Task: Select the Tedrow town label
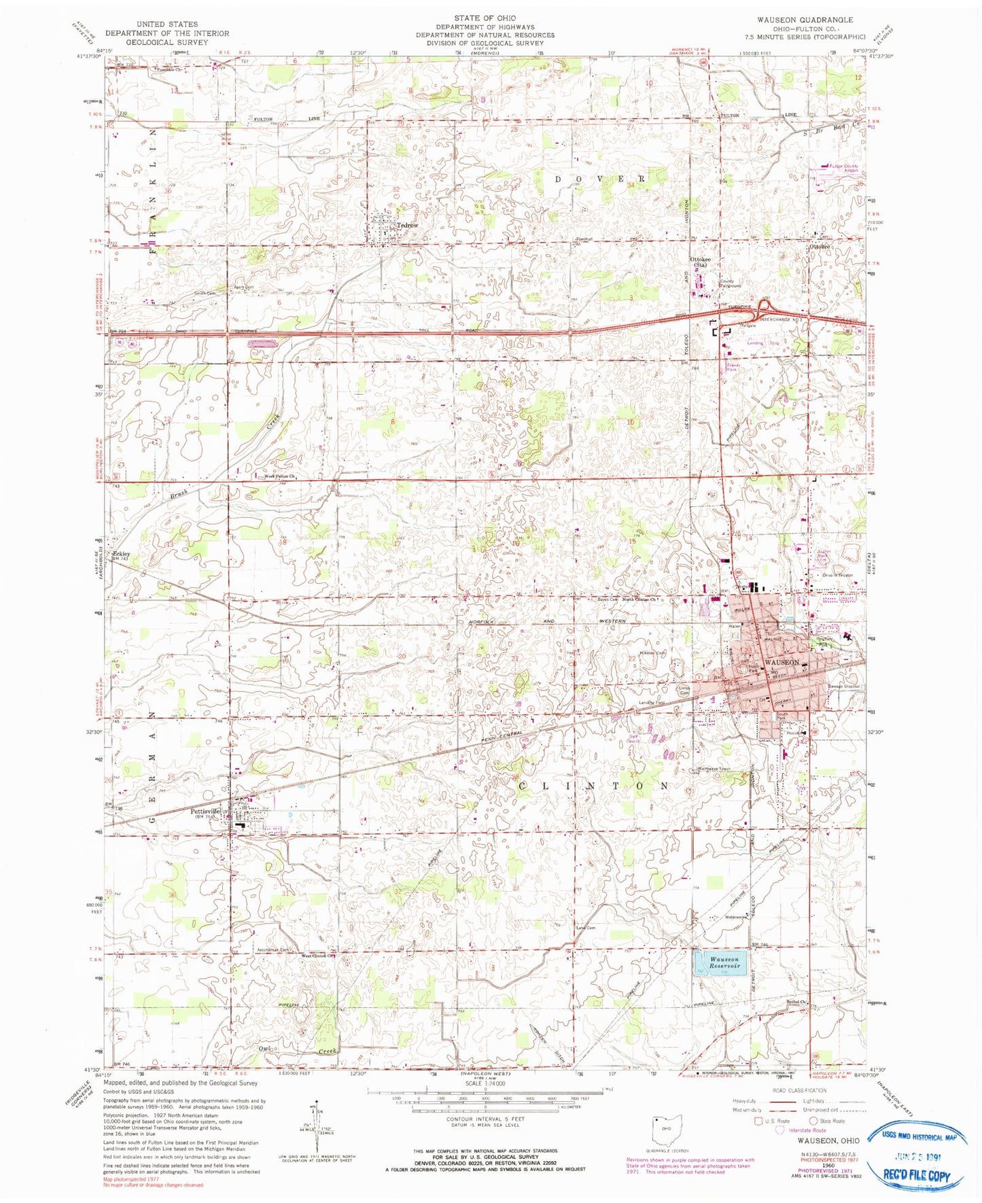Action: pyautogui.click(x=407, y=225)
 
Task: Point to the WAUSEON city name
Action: pyautogui.click(x=782, y=661)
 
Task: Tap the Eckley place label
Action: pyautogui.click(x=121, y=554)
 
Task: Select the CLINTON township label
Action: pyautogui.click(x=593, y=785)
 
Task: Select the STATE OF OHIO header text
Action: pyautogui.click(x=485, y=18)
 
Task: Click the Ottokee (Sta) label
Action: pyautogui.click(x=701, y=262)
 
